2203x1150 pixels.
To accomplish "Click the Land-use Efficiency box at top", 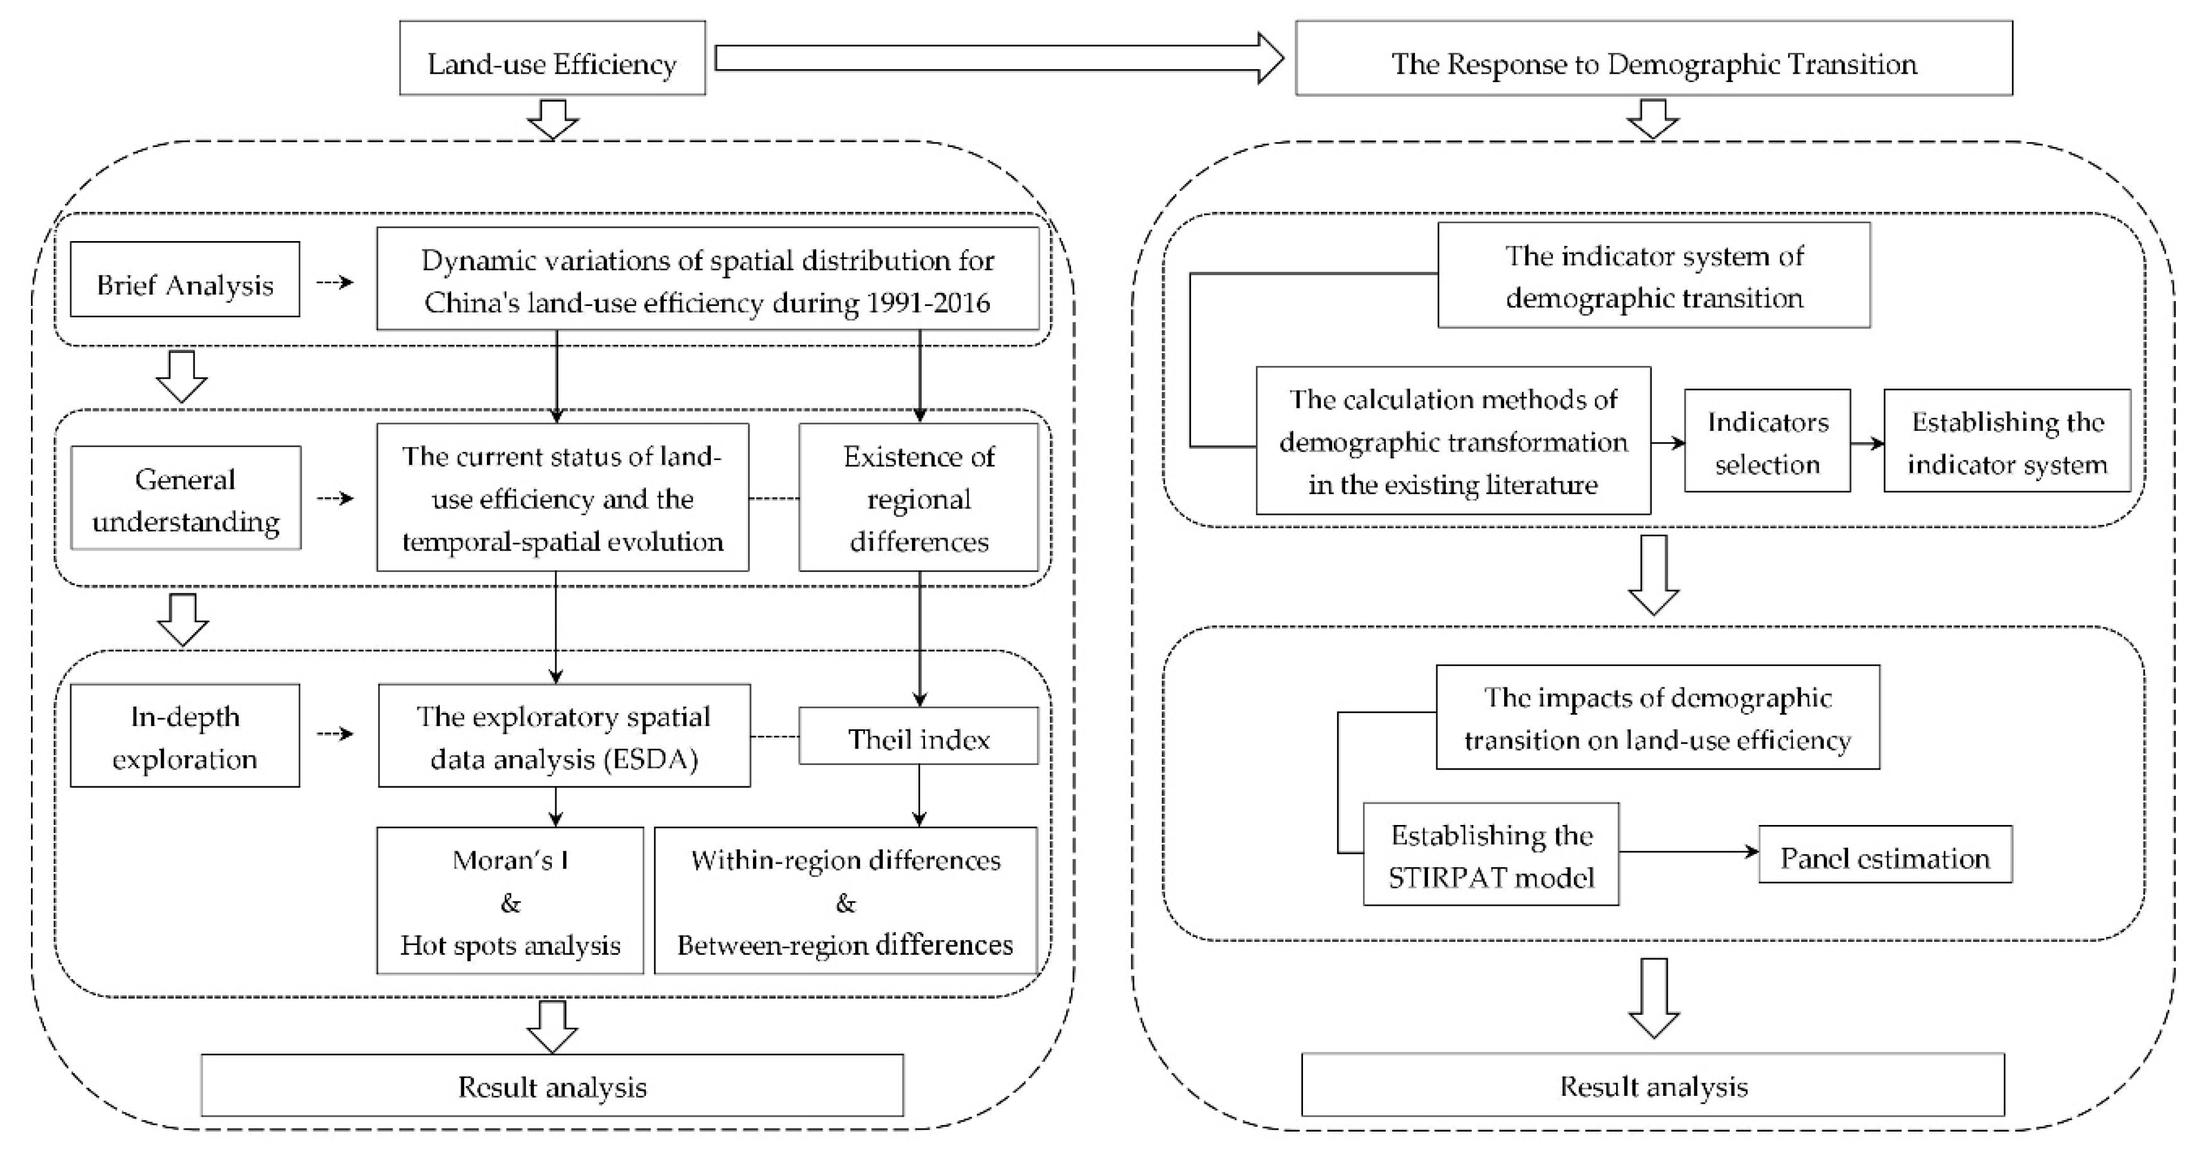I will pyautogui.click(x=552, y=58).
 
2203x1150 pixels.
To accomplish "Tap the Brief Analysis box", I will pyautogui.click(x=185, y=280).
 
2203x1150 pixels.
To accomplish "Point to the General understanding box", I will pyautogui.click(x=186, y=498).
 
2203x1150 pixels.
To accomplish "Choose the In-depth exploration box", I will pyautogui.click(x=185, y=735).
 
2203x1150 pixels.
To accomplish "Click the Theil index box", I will pyautogui.click(x=918, y=736).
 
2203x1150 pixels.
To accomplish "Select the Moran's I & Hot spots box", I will pyautogui.click(x=510, y=901).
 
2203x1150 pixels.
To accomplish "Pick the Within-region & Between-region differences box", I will pyautogui.click(x=845, y=901).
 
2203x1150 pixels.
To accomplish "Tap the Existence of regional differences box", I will pyautogui.click(x=918, y=498).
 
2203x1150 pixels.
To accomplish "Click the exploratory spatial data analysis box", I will pyautogui.click(x=564, y=735).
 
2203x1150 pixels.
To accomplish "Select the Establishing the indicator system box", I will pyautogui.click(x=2007, y=441).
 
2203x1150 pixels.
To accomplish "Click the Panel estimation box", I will pyautogui.click(x=1885, y=854).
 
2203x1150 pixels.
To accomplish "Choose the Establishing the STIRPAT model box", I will pyautogui.click(x=1490, y=854).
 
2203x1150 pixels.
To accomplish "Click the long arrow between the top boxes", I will pyautogui.click(x=999, y=58).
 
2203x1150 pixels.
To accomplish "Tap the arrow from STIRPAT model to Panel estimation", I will pyautogui.click(x=1689, y=852).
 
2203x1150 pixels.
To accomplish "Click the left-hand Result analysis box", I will pyautogui.click(x=552, y=1085).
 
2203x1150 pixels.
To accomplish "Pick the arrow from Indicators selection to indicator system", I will pyautogui.click(x=1868, y=443).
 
